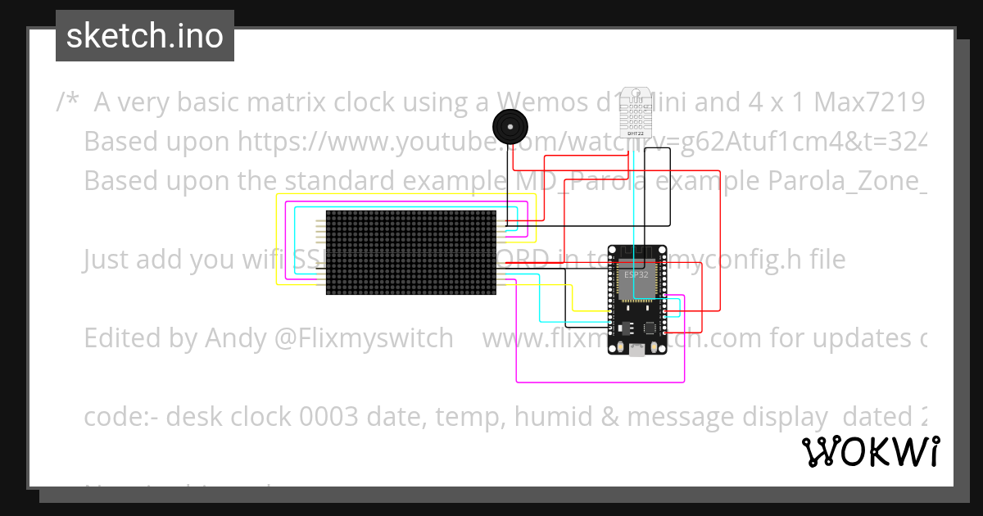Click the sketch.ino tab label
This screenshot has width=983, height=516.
pos(145,36)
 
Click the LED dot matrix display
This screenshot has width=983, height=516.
pos(410,252)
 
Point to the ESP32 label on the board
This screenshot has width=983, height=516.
pos(636,275)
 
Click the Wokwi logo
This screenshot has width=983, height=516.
pos(870,452)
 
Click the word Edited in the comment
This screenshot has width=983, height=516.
pos(124,338)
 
